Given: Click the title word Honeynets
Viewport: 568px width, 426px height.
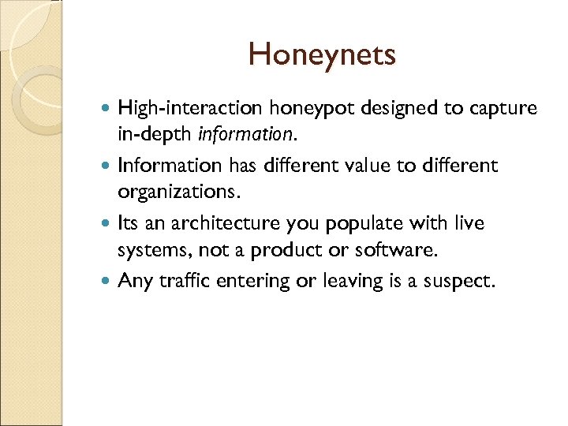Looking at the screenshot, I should click(322, 55).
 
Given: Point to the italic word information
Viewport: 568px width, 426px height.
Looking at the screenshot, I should click(245, 134).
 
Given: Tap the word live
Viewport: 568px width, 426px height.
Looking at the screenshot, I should click(469, 224).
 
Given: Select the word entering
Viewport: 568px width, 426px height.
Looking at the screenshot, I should click(254, 282).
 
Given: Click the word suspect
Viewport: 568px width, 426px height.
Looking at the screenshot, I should click(461, 282).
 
